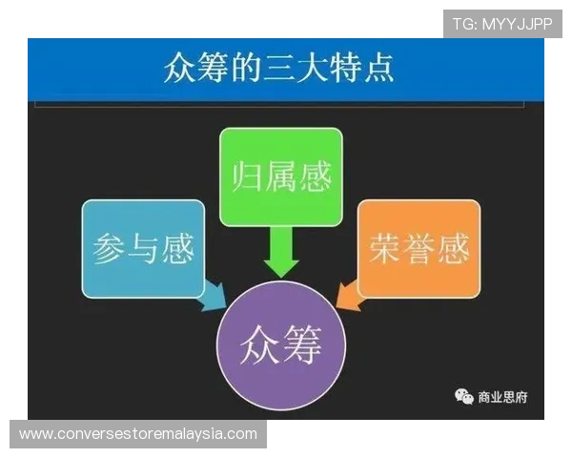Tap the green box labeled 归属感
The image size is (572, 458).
[280, 177]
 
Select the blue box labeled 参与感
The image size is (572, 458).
[143, 248]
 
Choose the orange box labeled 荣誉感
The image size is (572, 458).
[418, 247]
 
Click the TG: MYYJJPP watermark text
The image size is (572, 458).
[501, 24]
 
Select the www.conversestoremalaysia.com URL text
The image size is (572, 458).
[137, 433]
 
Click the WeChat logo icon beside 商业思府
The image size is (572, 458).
[463, 396]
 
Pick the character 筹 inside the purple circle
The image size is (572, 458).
[304, 341]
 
